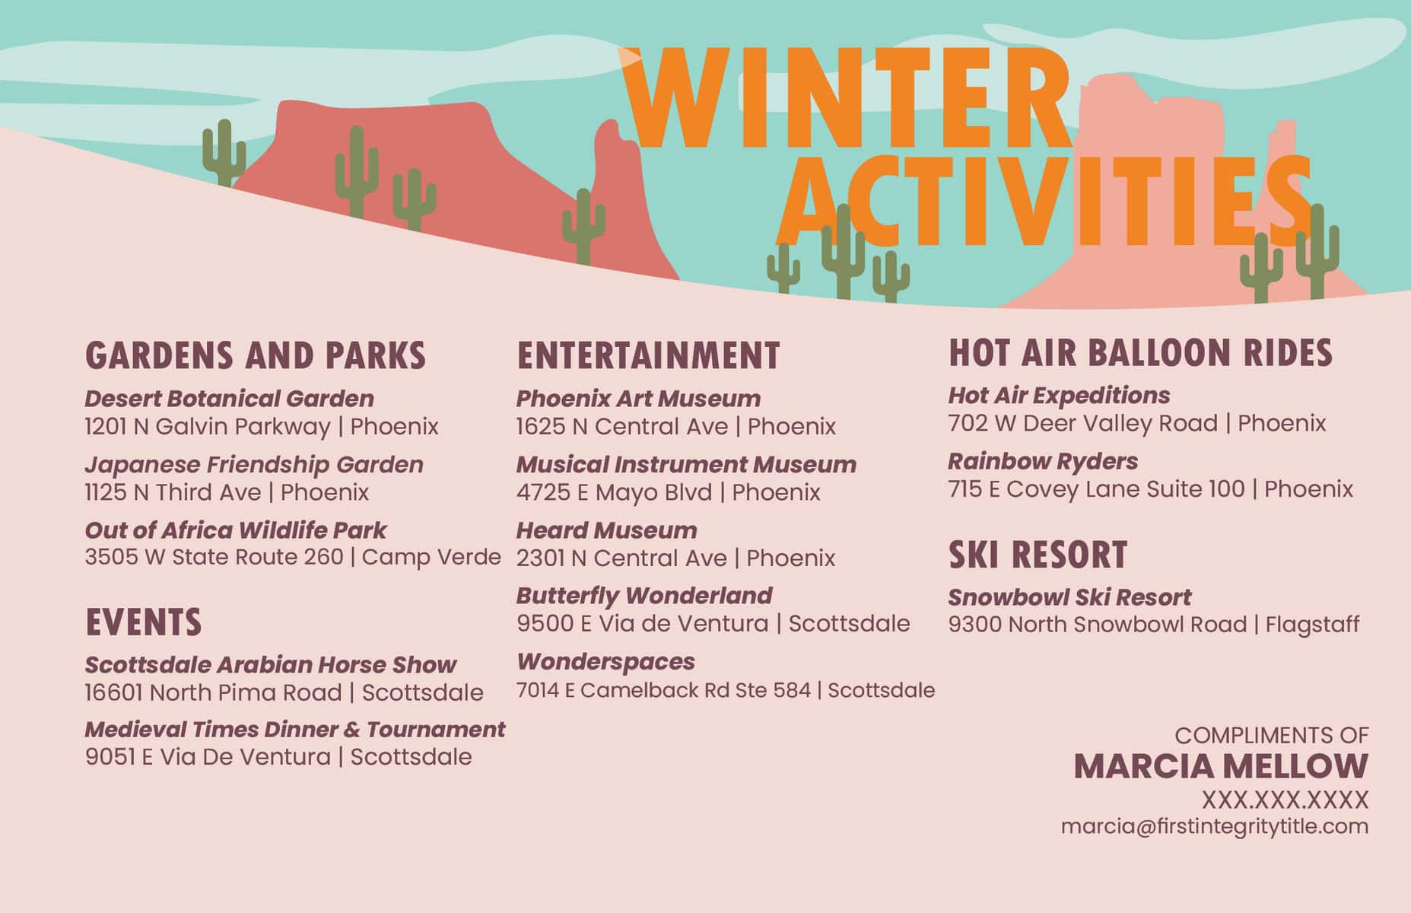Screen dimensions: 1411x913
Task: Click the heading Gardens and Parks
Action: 256,355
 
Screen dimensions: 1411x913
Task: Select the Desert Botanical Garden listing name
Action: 229,398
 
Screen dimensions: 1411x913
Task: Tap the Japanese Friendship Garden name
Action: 254,464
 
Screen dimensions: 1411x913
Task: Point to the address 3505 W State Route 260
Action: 214,557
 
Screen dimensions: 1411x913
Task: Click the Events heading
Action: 144,622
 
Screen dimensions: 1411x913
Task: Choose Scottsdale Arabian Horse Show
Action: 270,664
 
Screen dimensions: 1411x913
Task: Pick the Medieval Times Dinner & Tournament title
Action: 294,729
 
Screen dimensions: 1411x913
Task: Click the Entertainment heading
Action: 649,355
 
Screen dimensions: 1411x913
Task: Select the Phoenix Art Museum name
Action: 638,398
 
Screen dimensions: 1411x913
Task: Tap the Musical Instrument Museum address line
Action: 669,492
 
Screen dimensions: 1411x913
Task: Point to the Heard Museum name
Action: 606,530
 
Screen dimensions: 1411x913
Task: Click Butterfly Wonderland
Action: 644,595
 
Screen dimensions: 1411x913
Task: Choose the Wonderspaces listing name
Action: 605,662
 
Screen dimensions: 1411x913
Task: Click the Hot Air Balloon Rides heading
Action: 1140,352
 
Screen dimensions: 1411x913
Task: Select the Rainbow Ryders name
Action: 1043,461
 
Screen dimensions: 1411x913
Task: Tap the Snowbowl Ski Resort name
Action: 1069,597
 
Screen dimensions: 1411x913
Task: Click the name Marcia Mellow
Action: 1221,766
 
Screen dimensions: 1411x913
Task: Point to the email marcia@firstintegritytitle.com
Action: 1215,826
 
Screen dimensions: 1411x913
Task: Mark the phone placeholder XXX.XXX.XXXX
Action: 1285,800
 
